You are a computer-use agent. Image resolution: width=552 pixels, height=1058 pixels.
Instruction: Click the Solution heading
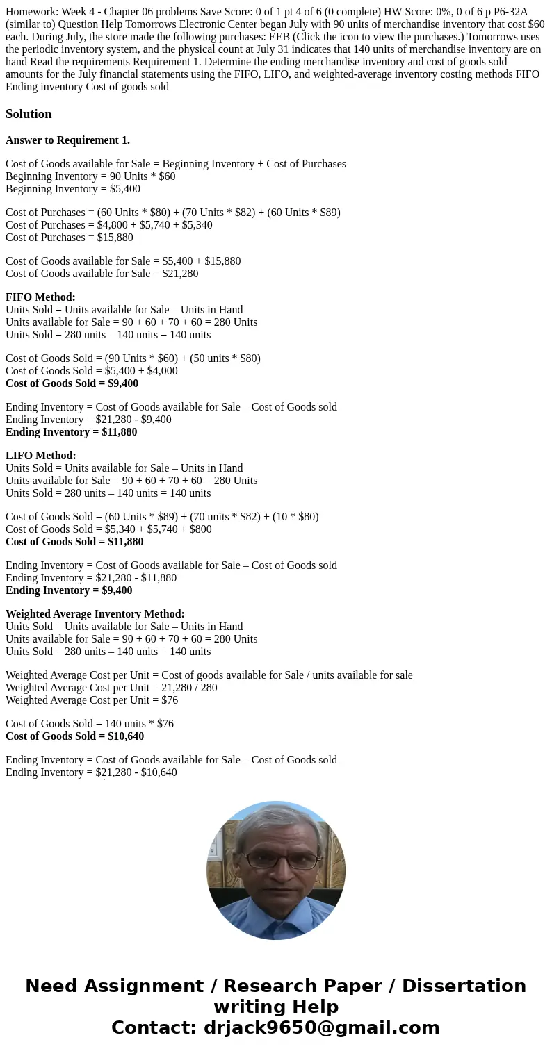(x=29, y=114)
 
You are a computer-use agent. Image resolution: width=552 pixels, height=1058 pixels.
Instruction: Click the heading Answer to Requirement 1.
(x=67, y=140)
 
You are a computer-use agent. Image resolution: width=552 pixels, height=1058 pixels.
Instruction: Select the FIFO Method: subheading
(x=40, y=297)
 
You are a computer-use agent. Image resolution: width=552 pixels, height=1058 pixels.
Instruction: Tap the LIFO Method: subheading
(x=40, y=456)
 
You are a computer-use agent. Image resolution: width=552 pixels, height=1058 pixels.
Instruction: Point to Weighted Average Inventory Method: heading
(x=95, y=614)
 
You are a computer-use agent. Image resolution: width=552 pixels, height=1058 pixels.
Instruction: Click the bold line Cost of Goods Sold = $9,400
(x=72, y=383)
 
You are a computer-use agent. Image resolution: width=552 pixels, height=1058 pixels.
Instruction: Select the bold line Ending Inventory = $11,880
(x=71, y=432)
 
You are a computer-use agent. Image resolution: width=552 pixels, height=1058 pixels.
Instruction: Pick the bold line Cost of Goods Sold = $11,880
(x=74, y=542)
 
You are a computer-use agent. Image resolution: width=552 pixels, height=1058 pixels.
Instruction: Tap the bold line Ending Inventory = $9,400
(x=69, y=590)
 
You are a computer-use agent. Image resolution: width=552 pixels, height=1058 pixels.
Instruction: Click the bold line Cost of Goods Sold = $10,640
(x=74, y=736)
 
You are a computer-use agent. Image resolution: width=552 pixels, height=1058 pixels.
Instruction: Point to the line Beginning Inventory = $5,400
(x=73, y=189)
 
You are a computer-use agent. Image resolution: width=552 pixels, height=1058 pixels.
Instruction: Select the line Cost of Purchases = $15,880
(x=70, y=238)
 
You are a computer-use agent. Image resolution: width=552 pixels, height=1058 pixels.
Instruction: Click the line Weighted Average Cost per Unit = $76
(x=92, y=700)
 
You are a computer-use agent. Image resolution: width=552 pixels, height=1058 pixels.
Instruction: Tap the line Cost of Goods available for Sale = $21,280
(x=102, y=274)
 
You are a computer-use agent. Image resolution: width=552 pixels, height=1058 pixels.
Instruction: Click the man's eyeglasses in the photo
(x=276, y=860)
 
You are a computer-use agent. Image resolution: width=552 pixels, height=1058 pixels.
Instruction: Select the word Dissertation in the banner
(x=464, y=986)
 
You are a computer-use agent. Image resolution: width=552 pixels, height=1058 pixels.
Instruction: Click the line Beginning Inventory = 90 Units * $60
(x=90, y=176)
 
